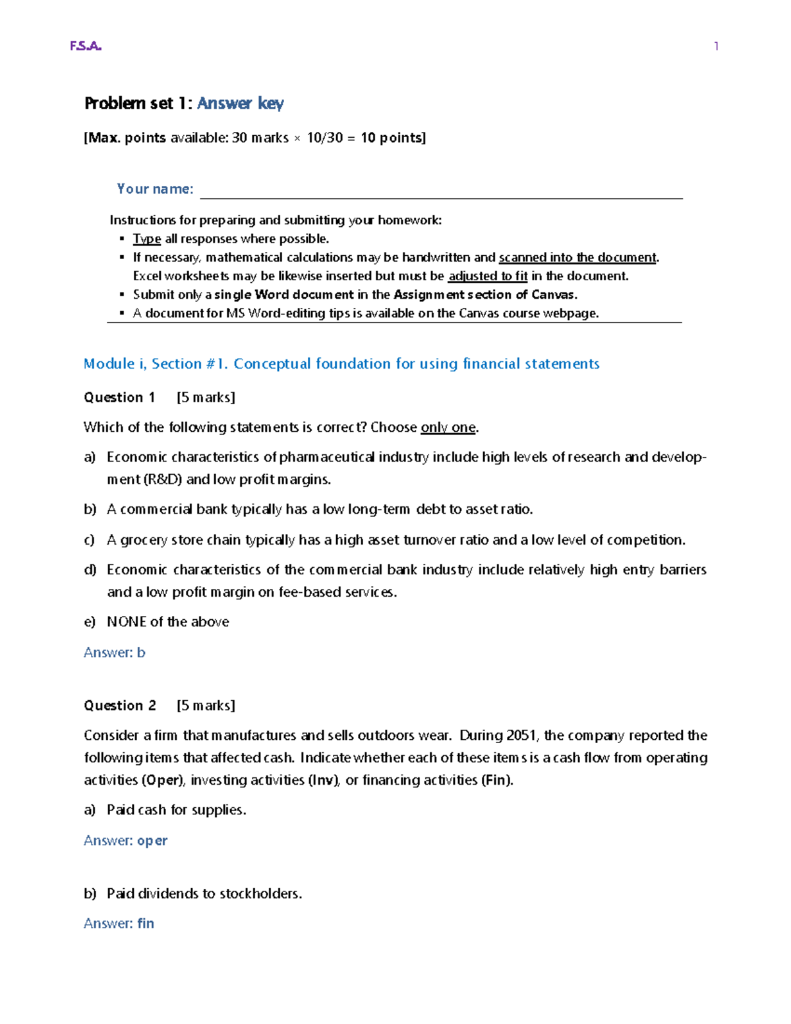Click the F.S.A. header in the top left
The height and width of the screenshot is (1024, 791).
(86, 46)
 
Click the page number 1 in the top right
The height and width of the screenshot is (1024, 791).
(716, 46)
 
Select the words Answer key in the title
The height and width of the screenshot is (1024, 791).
(240, 104)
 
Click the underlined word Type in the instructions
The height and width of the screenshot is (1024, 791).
(146, 239)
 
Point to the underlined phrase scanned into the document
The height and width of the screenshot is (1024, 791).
(577, 257)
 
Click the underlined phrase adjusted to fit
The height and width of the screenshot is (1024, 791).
(488, 276)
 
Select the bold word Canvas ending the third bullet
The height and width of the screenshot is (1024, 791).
(554, 295)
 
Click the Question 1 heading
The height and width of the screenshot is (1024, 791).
(119, 398)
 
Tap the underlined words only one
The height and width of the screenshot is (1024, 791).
(448, 427)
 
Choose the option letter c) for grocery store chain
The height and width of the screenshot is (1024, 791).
(90, 540)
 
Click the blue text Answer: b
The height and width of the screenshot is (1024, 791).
(114, 653)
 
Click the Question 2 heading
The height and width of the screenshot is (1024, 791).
(120, 706)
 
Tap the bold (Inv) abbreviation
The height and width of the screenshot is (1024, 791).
(324, 780)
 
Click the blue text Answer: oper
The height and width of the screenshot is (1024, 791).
(125, 841)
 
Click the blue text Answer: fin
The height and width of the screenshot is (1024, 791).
(119, 924)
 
